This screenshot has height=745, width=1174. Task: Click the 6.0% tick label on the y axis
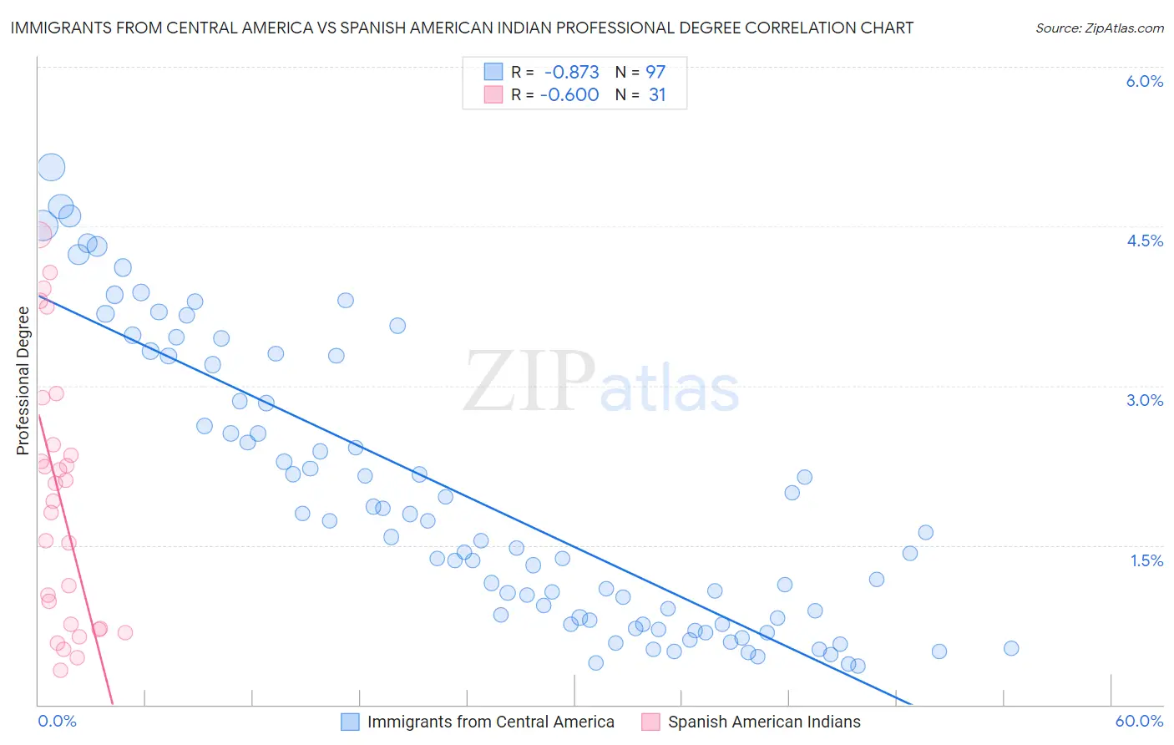1144,81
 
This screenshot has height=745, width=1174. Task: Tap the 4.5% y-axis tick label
1144,241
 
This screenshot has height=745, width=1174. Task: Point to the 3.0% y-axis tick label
1144,400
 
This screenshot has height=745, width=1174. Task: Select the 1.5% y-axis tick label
1146,560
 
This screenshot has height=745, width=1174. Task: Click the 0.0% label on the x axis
57,721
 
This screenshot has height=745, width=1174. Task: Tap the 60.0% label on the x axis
1139,721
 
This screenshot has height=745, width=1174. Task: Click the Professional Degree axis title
23,381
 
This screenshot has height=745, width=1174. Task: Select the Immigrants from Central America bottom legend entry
490,722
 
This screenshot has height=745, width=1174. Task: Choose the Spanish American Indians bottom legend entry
763,722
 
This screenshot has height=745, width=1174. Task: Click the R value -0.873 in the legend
571,73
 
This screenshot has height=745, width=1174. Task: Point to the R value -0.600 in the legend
569,95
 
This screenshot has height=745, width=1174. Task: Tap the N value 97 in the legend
655,73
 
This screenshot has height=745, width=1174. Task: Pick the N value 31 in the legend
657,95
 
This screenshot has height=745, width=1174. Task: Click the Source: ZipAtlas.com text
1099,28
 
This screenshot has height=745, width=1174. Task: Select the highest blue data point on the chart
51,167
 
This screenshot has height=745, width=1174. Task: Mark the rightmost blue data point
1011,648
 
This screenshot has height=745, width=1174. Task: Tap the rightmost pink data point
125,632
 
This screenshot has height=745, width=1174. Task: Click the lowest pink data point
60,670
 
